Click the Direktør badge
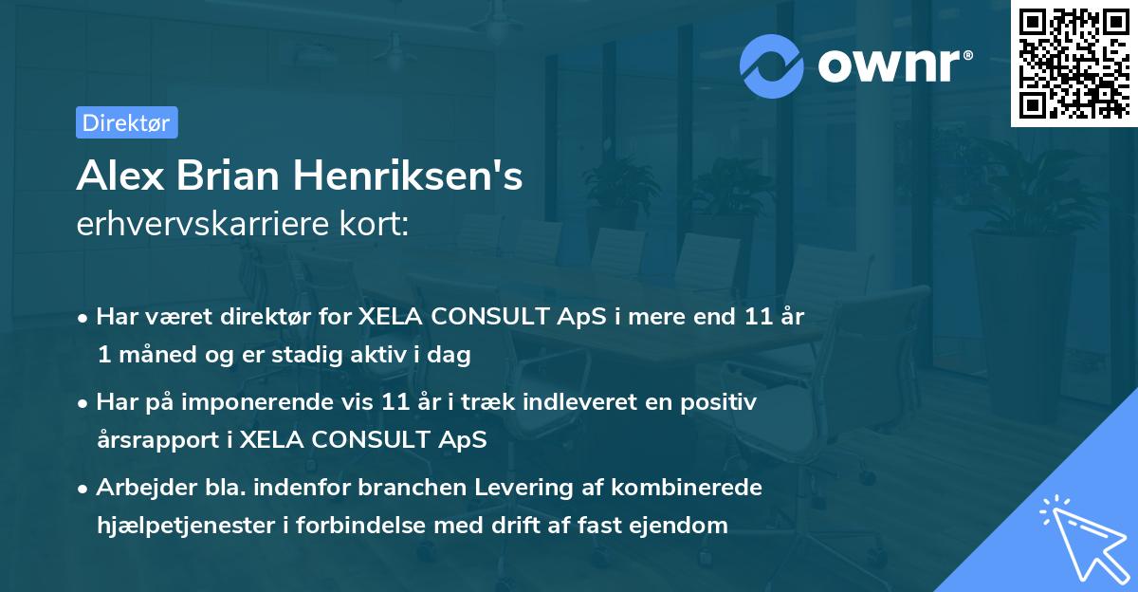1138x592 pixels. (x=126, y=122)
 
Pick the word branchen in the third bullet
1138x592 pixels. (x=406, y=487)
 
